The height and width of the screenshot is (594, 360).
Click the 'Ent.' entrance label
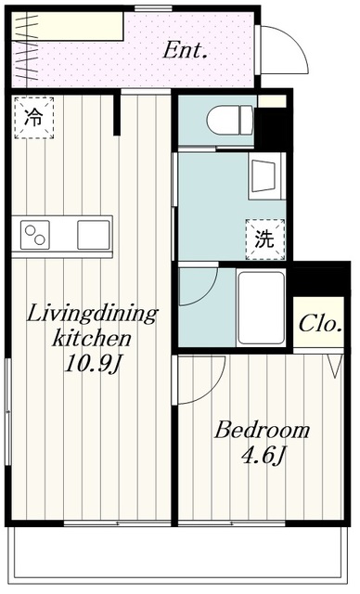click(x=186, y=50)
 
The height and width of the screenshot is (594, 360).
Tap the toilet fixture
click(x=230, y=120)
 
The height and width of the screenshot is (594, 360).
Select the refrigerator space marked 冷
click(x=34, y=118)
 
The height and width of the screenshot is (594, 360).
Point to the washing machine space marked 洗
click(x=265, y=239)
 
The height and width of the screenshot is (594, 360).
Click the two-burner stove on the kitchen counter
click(x=35, y=235)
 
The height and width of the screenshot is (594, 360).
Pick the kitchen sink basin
click(x=94, y=235)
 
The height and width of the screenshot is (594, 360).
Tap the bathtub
click(x=262, y=307)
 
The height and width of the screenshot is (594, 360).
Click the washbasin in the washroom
click(x=267, y=176)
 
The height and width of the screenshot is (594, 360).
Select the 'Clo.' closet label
click(x=320, y=324)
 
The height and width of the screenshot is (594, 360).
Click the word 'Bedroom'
click(x=262, y=431)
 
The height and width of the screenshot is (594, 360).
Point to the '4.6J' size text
click(x=263, y=456)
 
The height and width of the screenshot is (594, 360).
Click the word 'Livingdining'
click(x=92, y=315)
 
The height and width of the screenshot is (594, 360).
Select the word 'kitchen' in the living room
click(x=92, y=338)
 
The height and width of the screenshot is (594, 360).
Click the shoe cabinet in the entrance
click(x=68, y=26)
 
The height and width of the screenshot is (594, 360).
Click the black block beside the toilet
click(x=271, y=128)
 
